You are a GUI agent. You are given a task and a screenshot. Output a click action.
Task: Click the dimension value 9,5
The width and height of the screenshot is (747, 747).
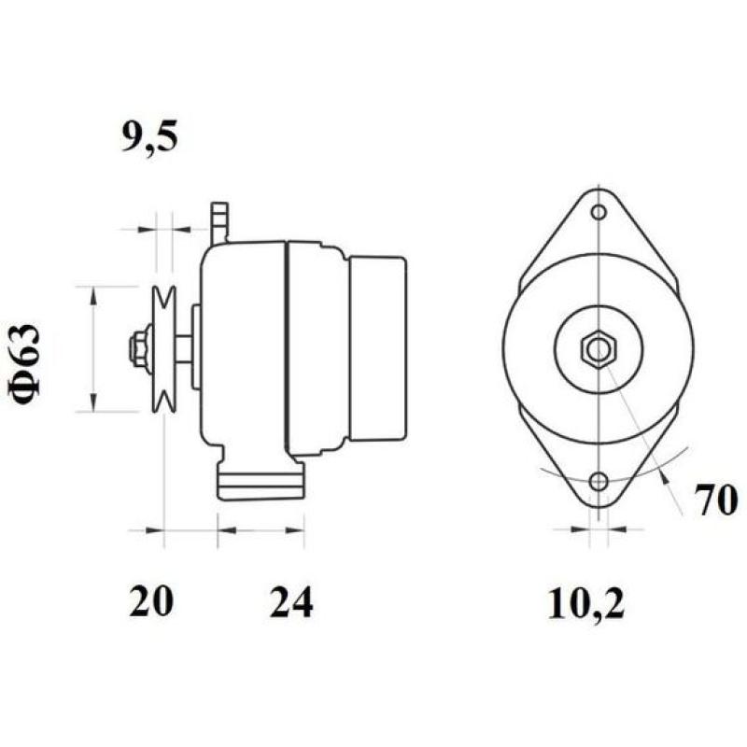[148, 137]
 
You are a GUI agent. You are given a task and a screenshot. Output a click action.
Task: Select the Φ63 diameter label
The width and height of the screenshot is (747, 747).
[27, 364]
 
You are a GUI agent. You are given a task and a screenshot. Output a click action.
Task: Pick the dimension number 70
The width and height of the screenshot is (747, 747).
[716, 500]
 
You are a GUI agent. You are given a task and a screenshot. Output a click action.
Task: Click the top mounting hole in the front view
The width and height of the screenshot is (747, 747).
[598, 211]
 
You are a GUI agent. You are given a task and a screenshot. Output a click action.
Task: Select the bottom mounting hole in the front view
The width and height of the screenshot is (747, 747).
[598, 483]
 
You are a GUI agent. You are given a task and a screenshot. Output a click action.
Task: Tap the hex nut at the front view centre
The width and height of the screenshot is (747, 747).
[598, 349]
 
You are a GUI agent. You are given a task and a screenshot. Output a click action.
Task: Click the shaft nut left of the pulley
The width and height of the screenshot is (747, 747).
[138, 347]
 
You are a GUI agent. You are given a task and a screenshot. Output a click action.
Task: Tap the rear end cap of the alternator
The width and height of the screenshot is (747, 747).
[378, 348]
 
